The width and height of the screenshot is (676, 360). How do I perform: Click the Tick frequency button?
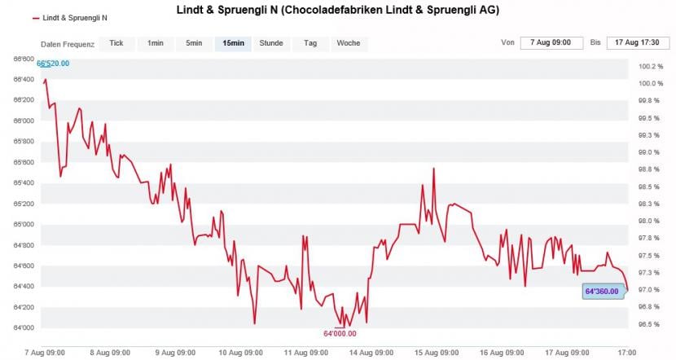coord(116,43)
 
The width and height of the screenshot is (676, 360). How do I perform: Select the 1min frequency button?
coord(155,43)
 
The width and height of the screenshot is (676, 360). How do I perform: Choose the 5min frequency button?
coord(194,43)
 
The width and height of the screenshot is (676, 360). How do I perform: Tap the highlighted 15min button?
coord(233,43)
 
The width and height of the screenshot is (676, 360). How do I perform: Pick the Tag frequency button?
coord(310,43)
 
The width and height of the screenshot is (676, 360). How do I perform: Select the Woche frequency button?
coord(349,43)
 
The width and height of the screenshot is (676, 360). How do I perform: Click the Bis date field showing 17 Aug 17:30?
coord(636,42)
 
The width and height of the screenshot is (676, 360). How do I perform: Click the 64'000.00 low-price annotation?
coord(340,333)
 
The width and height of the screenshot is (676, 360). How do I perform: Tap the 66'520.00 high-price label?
coord(54,64)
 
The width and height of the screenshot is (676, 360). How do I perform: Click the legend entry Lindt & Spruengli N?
coord(73,17)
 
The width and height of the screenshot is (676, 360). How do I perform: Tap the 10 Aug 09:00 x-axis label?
coord(242,353)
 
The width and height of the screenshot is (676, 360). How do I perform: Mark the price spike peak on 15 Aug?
coord(433,169)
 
